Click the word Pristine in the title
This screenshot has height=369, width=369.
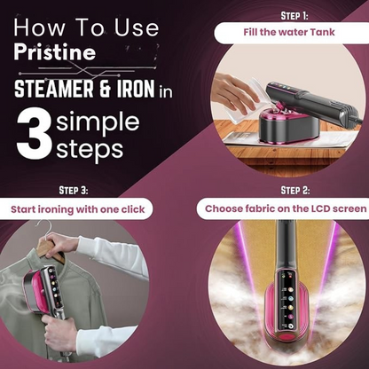(55, 52)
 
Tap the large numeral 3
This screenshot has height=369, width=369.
(34, 134)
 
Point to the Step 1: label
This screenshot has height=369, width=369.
(294, 16)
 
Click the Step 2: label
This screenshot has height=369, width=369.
(295, 190)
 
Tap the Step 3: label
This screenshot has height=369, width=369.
(74, 190)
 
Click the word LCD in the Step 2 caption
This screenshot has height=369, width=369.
(321, 208)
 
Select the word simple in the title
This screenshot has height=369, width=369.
(98, 122)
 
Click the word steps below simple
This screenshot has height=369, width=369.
(90, 149)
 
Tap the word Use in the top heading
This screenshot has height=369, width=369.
(137, 27)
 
